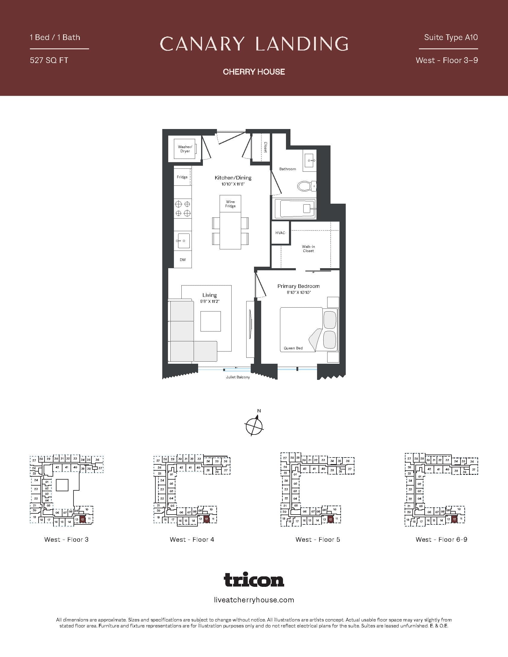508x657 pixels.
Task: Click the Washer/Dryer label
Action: pos(185,149)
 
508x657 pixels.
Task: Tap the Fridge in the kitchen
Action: pos(182,177)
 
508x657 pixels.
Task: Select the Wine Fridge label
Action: pos(230,204)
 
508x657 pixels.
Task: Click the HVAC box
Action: pos(280,233)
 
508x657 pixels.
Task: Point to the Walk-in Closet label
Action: pos(308,248)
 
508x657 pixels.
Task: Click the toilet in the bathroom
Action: pos(306,186)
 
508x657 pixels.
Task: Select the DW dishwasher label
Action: pos(183,260)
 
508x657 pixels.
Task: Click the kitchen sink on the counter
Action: pos(183,241)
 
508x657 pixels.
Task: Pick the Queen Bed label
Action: pos(293,348)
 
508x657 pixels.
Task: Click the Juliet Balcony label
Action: pos(238,377)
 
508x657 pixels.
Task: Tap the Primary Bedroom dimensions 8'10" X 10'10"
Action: pos(299,292)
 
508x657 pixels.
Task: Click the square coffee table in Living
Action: pos(211,321)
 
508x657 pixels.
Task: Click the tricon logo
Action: pos(254,580)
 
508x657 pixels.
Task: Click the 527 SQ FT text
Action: pos(49,60)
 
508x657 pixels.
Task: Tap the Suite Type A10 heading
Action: pos(451,37)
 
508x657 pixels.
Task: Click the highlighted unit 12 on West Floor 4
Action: pos(206,519)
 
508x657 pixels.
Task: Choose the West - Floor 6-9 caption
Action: pos(441,540)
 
